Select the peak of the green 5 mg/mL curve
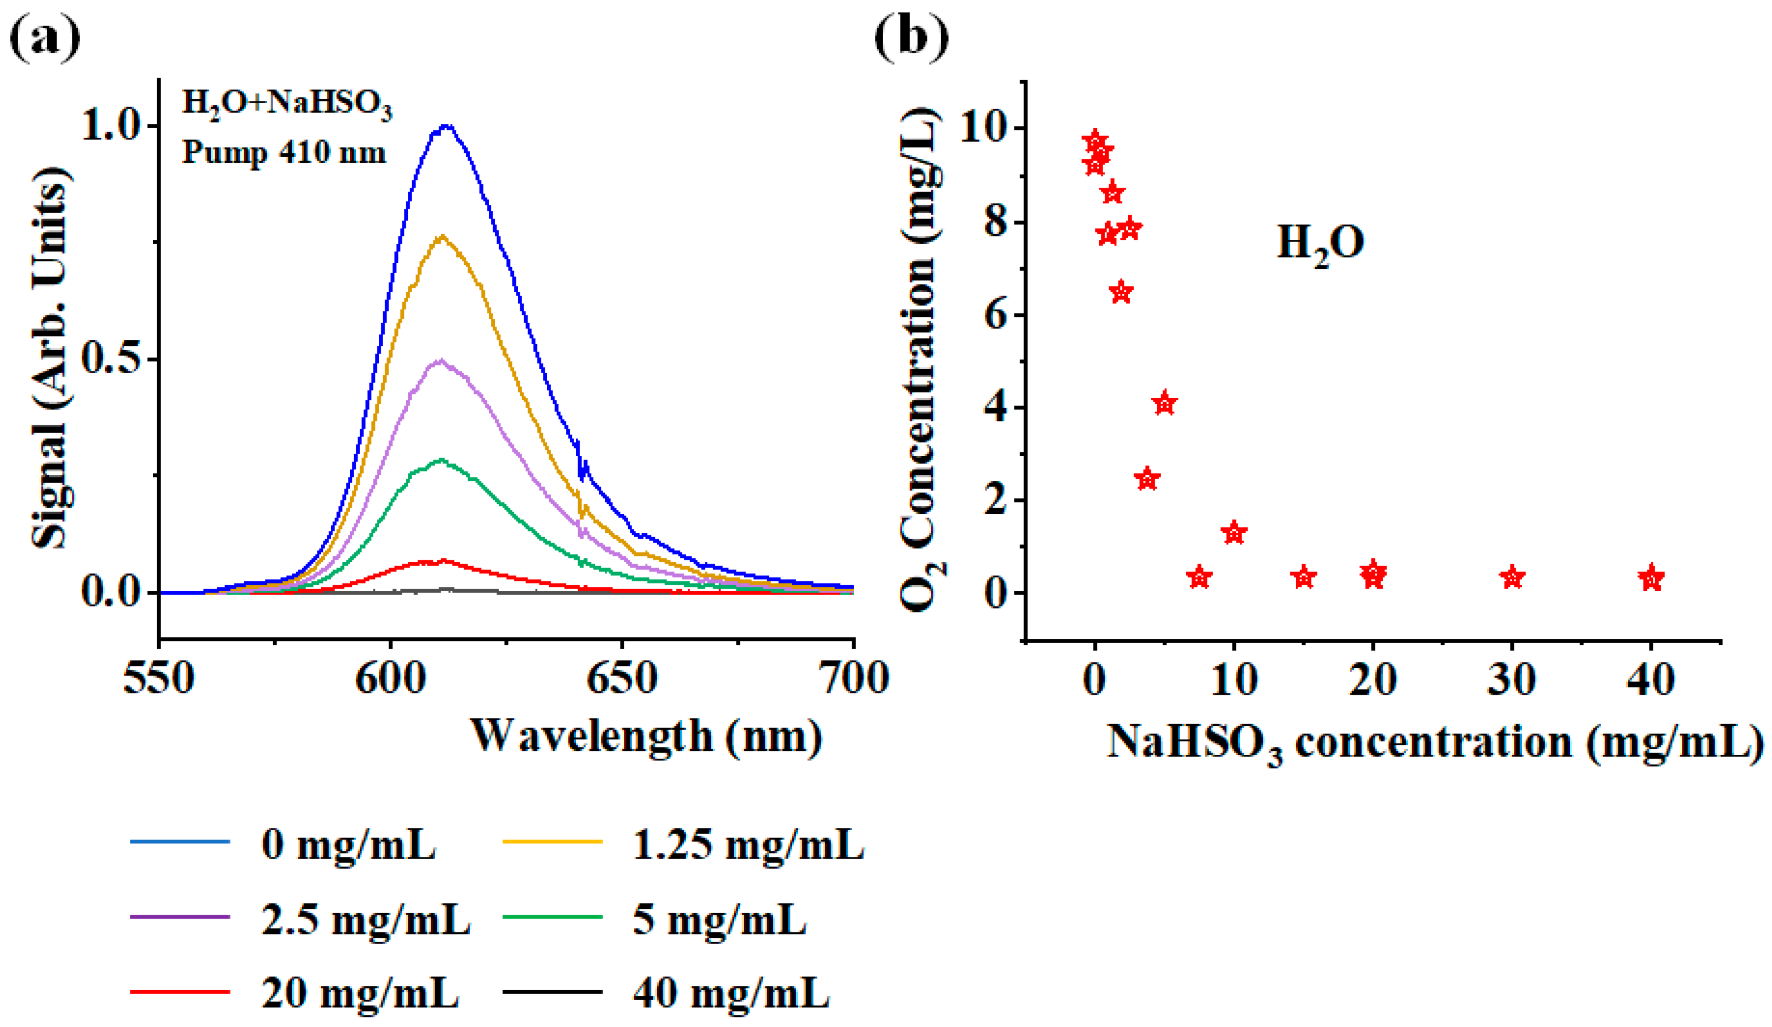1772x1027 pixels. (441, 460)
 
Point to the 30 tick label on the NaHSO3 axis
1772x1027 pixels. (1512, 679)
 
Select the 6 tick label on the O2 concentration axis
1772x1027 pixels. (995, 316)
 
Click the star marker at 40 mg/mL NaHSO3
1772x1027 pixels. (1651, 578)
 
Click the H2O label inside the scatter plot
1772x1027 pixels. (1320, 243)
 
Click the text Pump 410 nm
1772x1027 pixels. (284, 152)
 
